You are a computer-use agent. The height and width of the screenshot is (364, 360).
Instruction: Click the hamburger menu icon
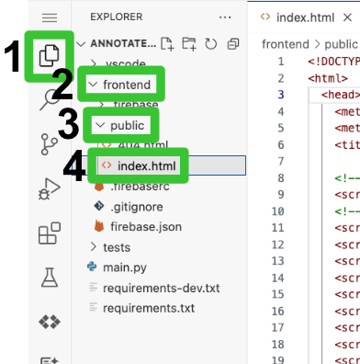coord(50,17)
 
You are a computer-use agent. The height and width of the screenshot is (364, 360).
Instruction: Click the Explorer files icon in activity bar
coord(51,58)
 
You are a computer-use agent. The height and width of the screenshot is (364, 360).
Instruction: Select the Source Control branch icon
coord(50,143)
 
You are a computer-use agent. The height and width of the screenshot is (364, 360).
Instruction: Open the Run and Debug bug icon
coord(50,189)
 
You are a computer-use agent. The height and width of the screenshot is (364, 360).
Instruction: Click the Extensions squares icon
coord(50,233)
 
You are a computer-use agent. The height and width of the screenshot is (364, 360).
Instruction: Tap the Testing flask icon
coord(50,277)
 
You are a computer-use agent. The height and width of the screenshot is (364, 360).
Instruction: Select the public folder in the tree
coord(128,124)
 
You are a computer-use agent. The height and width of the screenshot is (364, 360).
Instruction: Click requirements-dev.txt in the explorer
coord(162,287)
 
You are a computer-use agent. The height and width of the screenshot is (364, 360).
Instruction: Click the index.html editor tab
coord(308,17)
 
